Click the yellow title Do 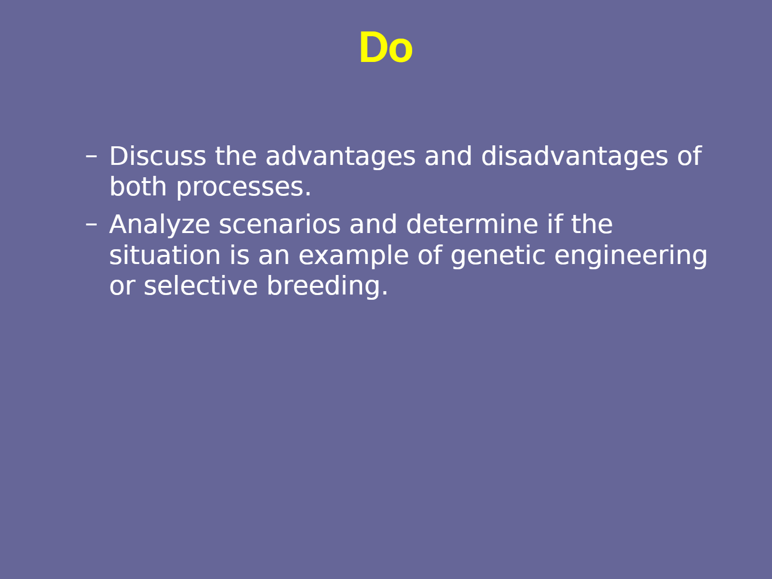386,48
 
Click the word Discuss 158,156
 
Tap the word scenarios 280,224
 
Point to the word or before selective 122,287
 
